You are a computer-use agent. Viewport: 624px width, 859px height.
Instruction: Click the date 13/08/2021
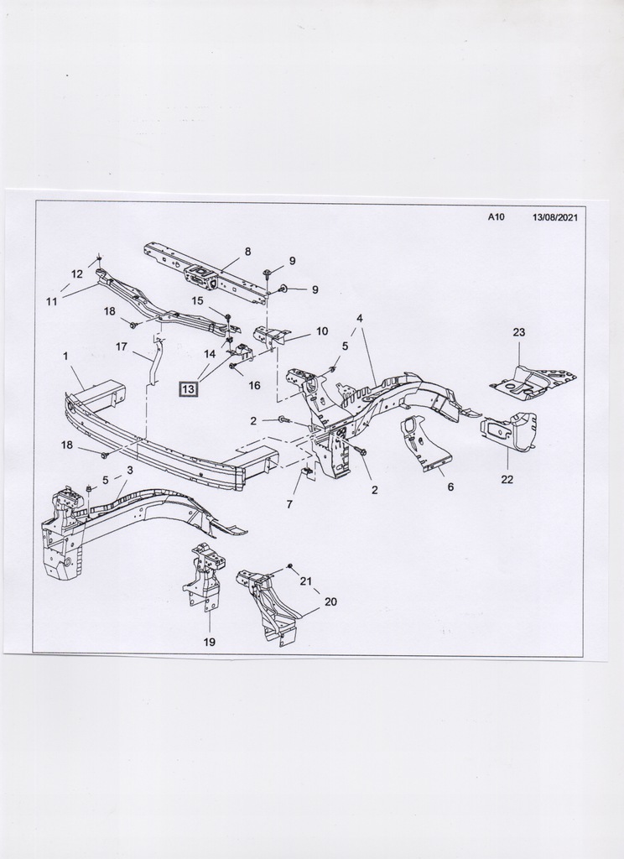(555, 216)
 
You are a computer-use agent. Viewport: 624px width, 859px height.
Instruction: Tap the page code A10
(497, 216)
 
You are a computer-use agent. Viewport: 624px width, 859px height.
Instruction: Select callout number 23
(519, 332)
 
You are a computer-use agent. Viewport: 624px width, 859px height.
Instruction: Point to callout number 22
(507, 479)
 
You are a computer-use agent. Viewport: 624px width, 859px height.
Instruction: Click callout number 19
(209, 642)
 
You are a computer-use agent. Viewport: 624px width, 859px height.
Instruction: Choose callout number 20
(330, 601)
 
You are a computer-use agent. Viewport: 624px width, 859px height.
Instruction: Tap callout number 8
(248, 251)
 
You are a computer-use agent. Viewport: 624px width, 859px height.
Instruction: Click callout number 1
(65, 356)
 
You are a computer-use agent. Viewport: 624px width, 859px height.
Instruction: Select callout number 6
(450, 487)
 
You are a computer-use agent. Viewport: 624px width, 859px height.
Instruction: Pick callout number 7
(289, 504)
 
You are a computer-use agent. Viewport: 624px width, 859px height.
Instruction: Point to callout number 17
(122, 346)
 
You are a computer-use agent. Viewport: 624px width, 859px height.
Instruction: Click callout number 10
(322, 331)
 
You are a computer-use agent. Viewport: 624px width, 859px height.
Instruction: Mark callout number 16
(254, 385)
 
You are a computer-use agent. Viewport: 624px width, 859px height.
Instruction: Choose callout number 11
(52, 301)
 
